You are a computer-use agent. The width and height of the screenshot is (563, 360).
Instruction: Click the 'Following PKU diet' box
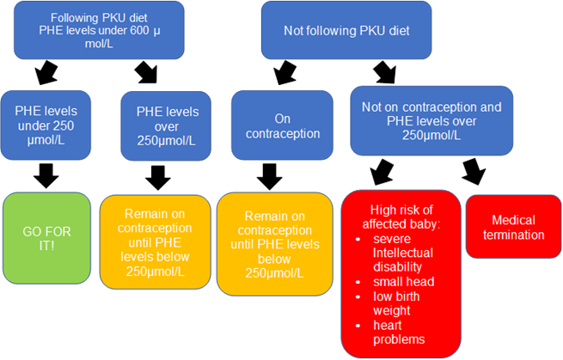click(x=100, y=30)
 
